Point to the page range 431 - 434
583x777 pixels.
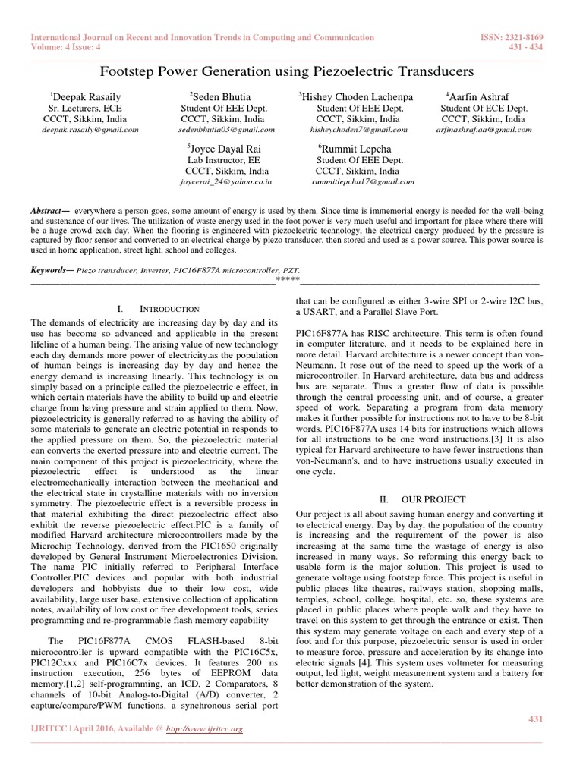pos(550,47)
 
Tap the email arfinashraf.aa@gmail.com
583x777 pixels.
pos(483,130)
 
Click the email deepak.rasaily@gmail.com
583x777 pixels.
pos(90,130)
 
